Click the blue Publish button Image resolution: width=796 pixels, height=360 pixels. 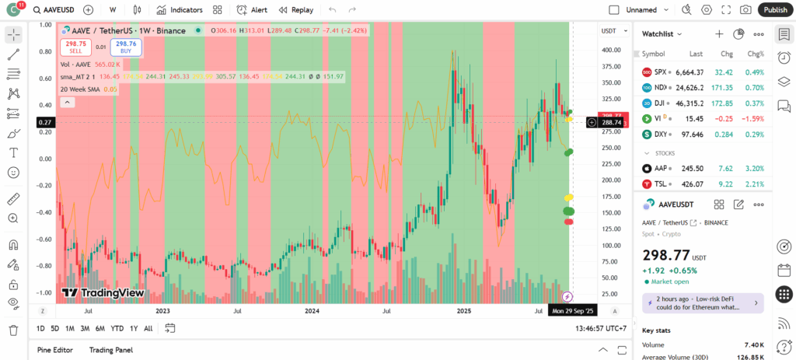pyautogui.click(x=775, y=9)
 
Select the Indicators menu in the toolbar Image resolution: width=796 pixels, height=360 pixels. pyautogui.click(x=180, y=10)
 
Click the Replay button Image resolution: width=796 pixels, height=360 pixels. pyautogui.click(x=295, y=10)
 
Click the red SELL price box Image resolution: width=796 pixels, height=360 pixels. pyautogui.click(x=75, y=47)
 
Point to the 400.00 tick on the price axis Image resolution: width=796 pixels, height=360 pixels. pyautogui.click(x=611, y=50)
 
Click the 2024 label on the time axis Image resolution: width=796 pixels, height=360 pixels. pyautogui.click(x=312, y=310)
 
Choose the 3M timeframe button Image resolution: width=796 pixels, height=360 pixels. pyautogui.click(x=85, y=328)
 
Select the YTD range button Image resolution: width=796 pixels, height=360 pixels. pyautogui.click(x=117, y=328)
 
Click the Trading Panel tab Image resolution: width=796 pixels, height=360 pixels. pyautogui.click(x=110, y=350)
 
